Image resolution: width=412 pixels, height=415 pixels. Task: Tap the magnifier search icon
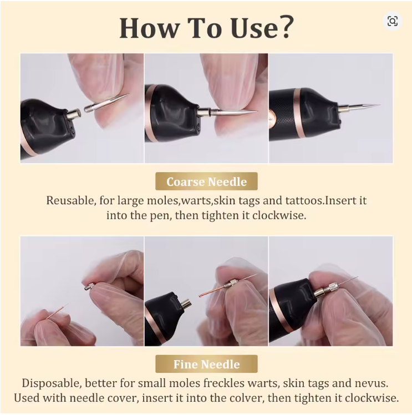tap(393, 21)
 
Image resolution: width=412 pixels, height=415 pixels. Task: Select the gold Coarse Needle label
tap(206, 181)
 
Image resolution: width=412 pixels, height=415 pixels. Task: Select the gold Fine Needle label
tap(206, 364)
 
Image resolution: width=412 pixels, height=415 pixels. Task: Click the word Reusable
tap(70, 200)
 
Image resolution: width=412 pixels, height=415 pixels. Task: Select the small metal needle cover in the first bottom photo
tap(89, 287)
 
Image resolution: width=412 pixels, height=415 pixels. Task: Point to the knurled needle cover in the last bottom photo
tap(327, 289)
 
